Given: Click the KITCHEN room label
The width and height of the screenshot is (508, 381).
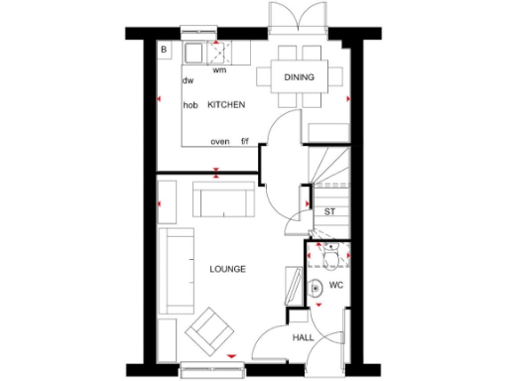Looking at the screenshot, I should [x=226, y=105].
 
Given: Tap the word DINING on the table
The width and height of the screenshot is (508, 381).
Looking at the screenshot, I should [x=299, y=76].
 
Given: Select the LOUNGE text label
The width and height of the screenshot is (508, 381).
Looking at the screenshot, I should [x=227, y=269].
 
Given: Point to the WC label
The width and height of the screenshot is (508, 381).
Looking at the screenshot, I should [x=336, y=286].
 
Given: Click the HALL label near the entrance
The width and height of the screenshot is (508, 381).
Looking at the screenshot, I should [x=304, y=338].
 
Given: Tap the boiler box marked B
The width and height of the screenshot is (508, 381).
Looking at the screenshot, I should [x=166, y=50].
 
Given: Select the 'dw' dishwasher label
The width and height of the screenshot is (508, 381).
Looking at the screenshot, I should [x=187, y=81].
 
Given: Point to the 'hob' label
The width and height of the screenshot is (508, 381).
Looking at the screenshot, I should [x=190, y=105].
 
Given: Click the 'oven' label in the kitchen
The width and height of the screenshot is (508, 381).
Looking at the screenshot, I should [x=220, y=142].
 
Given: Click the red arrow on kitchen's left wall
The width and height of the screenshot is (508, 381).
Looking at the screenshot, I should [x=161, y=100].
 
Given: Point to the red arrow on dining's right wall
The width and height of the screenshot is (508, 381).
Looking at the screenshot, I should [x=347, y=99].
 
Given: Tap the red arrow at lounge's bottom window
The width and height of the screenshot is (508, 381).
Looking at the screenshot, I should [x=231, y=355].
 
